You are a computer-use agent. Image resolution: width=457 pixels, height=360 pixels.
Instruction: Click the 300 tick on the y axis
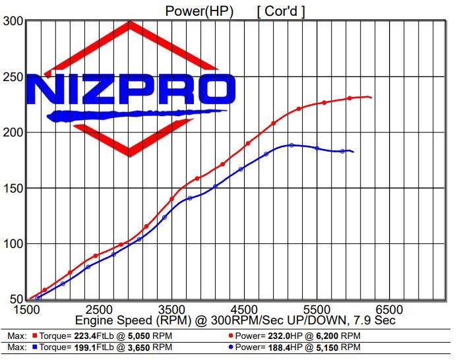tap(13, 21)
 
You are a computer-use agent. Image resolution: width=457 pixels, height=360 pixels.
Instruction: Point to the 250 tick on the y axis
tap(13, 76)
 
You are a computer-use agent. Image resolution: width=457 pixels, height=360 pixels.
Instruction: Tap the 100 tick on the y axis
tap(13, 244)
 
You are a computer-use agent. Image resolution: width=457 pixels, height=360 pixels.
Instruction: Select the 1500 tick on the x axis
tap(26, 309)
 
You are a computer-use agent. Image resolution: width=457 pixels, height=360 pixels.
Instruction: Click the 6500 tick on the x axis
tap(389, 309)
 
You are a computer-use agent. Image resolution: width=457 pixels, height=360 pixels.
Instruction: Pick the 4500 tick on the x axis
tap(244, 309)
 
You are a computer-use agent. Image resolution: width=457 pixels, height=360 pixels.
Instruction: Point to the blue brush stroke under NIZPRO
tap(132, 115)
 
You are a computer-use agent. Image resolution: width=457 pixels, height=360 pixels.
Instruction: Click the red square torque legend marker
tap(33, 335)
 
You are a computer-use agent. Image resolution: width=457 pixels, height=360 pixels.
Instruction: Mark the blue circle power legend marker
tap(229, 347)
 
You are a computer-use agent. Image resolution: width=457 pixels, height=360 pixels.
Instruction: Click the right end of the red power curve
tap(371, 98)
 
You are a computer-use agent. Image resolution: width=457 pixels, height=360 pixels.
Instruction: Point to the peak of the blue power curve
tap(291, 144)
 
